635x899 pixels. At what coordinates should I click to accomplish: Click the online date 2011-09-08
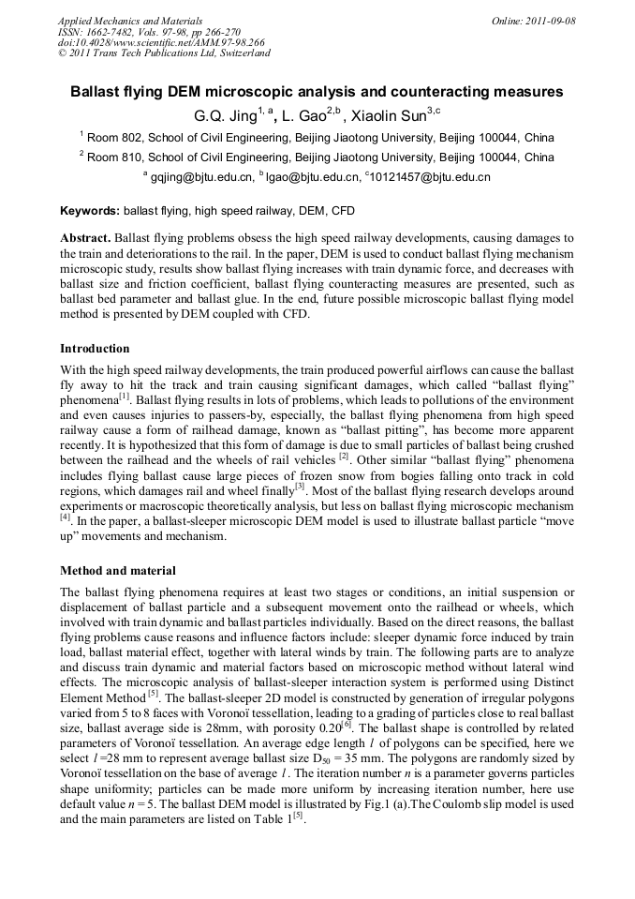tap(547, 21)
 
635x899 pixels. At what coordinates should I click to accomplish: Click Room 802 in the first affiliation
tap(114, 137)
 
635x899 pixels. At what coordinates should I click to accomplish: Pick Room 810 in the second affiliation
tap(114, 157)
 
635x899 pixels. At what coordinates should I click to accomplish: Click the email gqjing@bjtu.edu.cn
tap(201, 176)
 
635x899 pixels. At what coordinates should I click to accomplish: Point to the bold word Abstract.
tap(88, 240)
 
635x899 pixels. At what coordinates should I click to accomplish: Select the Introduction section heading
tap(95, 349)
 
